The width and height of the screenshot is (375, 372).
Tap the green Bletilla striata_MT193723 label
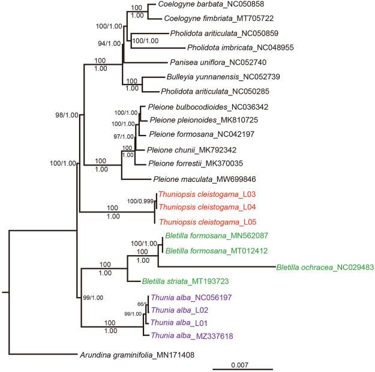(186, 281)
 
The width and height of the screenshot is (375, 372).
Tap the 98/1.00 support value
(65, 116)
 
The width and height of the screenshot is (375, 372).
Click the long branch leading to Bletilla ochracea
(216, 266)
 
